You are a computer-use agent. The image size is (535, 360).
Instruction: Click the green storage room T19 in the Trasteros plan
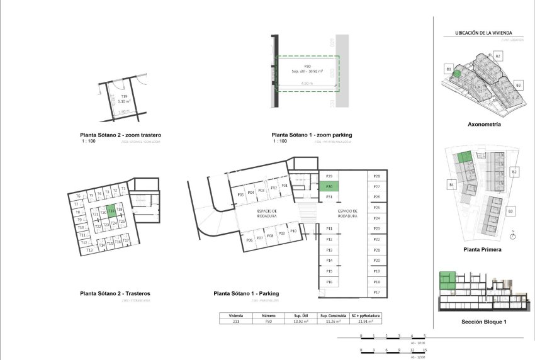[x=111, y=212]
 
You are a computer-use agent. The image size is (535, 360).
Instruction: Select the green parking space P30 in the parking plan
[x=329, y=186]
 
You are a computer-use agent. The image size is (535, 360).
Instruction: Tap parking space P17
[x=376, y=293]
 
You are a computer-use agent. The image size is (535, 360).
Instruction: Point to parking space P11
[x=329, y=228]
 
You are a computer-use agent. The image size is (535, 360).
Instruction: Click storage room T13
[x=89, y=250]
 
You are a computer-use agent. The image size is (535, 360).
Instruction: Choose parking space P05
[x=240, y=195]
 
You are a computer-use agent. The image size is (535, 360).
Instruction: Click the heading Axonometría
[x=484, y=125]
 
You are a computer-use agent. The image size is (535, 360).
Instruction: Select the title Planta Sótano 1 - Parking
[x=246, y=293]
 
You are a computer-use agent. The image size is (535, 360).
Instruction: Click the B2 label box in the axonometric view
[x=497, y=57]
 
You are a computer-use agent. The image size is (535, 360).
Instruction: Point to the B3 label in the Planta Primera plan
[x=510, y=210]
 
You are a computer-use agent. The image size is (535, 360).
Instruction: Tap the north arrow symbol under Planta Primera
[x=514, y=237]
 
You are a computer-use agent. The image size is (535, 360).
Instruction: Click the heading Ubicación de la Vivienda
[x=483, y=32]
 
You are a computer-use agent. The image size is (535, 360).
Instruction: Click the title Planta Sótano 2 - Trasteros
[x=115, y=293]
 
